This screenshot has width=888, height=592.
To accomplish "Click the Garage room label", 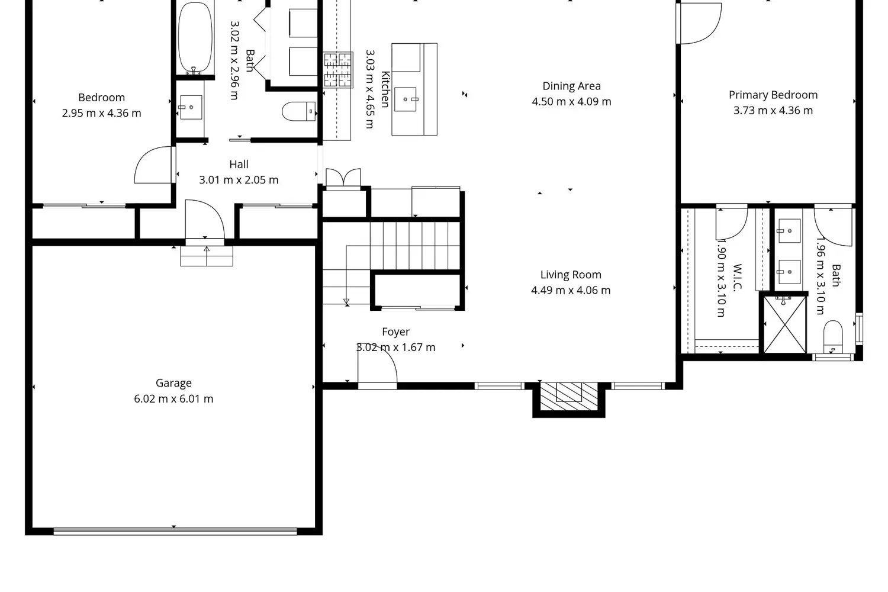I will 173,383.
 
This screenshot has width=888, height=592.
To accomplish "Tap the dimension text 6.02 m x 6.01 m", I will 173,399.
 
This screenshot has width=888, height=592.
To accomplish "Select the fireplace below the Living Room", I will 569,395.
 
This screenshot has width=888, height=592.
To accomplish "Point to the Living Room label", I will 571,275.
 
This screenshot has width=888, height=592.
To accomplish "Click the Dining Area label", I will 571,86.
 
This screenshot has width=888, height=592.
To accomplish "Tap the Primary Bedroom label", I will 773,95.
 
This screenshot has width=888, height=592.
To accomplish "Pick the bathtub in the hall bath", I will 195,38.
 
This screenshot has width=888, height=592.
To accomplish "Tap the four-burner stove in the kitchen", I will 338,70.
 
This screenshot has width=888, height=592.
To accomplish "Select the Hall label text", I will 239,165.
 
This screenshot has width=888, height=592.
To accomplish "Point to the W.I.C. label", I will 737,278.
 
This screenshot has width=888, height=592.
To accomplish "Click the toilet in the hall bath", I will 298,111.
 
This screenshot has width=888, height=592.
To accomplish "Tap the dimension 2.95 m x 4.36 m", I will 102,113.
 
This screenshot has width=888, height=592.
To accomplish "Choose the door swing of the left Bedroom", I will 153,165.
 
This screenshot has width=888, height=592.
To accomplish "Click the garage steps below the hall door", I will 207,256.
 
